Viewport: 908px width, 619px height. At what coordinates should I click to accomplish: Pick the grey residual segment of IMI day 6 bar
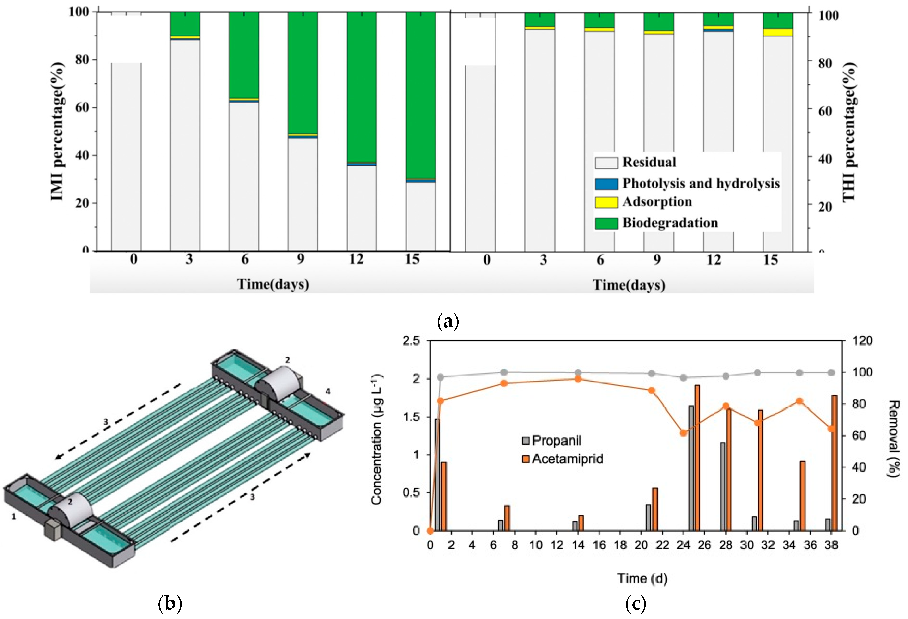point(244,176)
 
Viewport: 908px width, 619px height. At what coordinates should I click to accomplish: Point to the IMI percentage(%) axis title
point(57,131)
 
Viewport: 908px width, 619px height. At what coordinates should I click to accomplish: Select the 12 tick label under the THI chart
point(714,260)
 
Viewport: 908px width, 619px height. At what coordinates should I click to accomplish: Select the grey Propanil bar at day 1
point(438,474)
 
